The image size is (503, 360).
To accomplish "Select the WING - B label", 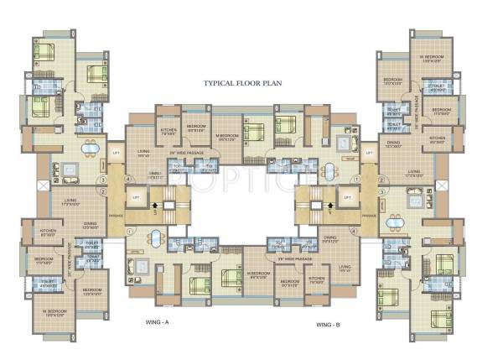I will pyautogui.click(x=329, y=323).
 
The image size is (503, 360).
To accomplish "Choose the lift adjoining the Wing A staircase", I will pyautogui.click(x=136, y=196).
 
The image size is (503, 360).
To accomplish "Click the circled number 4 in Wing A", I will pyautogui.click(x=128, y=179).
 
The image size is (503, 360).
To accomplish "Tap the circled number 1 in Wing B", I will pyautogui.click(x=356, y=179).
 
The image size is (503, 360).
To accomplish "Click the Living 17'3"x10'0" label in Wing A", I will pyautogui.click(x=70, y=201).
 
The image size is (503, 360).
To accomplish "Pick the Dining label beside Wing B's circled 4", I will pyautogui.click(x=330, y=239).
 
